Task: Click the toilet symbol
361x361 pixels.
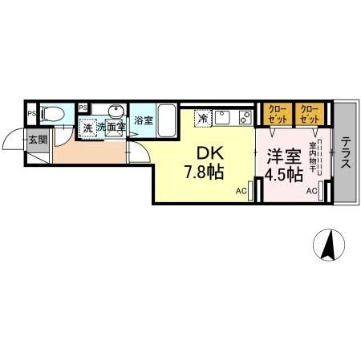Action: (54, 114)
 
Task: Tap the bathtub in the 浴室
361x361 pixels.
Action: (167, 121)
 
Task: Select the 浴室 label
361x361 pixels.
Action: (144, 120)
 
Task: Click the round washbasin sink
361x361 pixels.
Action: (116, 111)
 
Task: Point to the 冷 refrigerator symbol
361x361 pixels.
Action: (203, 118)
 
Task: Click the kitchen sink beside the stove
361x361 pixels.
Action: (223, 117)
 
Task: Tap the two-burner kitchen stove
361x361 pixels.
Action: (245, 117)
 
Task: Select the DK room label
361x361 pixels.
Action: (210, 154)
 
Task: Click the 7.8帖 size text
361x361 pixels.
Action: (204, 172)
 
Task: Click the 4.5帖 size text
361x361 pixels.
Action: (283, 174)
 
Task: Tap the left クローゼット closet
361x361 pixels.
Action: (278, 114)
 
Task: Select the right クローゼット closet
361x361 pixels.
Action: (310, 114)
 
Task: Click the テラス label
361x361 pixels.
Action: (346, 152)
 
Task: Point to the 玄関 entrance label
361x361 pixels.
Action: (38, 140)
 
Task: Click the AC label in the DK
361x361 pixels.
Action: (241, 191)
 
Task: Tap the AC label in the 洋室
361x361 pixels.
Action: (312, 191)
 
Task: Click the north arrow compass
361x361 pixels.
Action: (329, 245)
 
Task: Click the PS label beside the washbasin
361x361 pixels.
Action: (83, 108)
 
